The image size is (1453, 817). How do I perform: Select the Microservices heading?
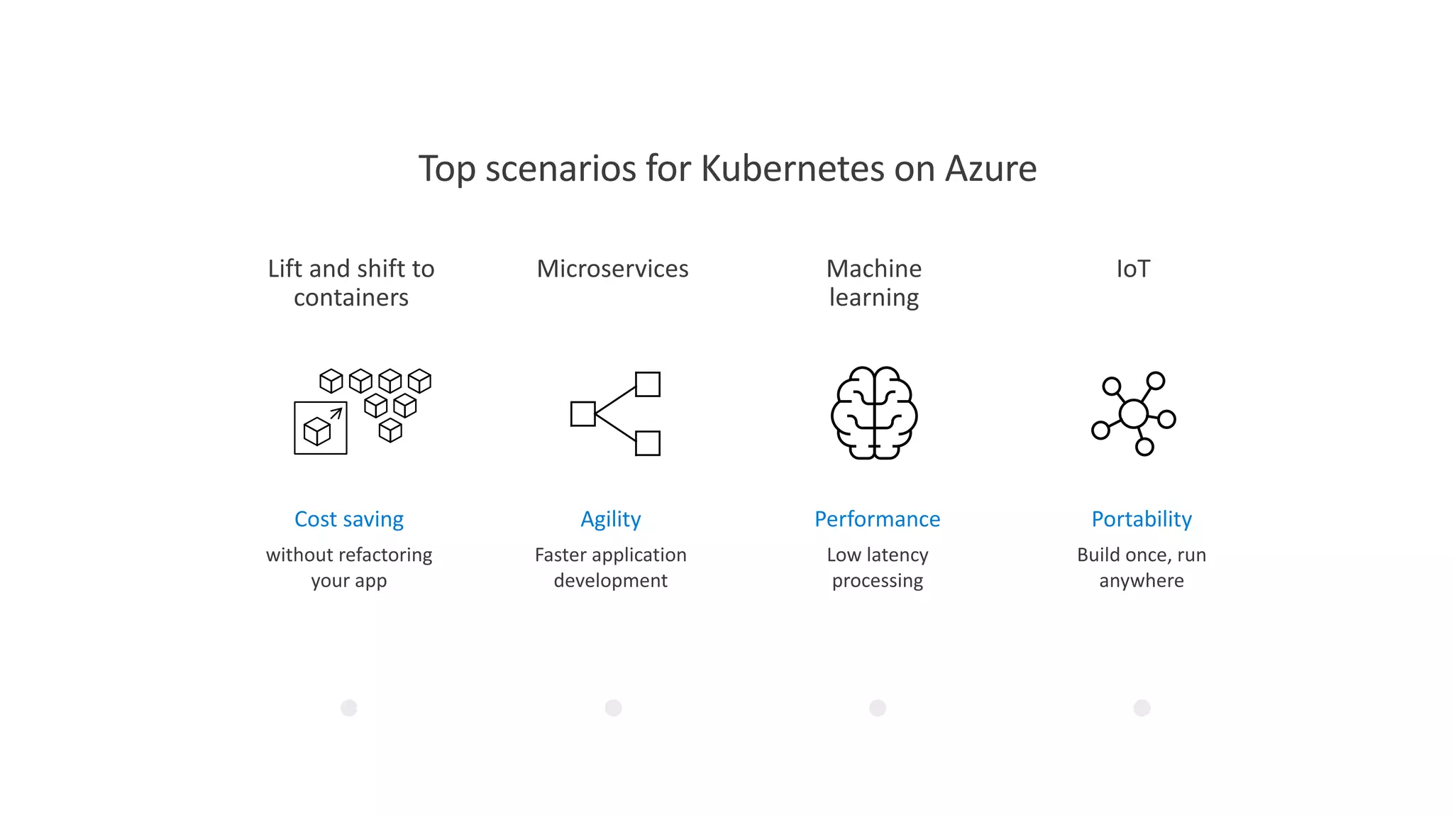pos(612,269)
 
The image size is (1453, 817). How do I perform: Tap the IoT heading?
pos(1133,269)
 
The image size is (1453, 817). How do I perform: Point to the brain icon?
pos(874,413)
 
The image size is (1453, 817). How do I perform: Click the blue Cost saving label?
pos(349,519)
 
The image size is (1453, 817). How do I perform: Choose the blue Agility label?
pos(611,519)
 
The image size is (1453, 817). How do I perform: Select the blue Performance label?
pos(877,519)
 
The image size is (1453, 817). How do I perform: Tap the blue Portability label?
pos(1142,519)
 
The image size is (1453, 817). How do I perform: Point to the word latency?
pos(897,555)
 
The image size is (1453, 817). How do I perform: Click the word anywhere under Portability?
pos(1142,581)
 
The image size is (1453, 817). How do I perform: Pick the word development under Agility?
pos(611,581)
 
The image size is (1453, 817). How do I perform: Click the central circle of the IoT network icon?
pos(1133,413)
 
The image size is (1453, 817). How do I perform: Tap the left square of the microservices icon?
pos(582,413)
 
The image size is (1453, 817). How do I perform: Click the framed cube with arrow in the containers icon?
pos(321,428)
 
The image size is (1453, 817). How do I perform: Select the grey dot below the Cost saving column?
pos(349,708)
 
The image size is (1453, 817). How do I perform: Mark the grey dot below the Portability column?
pos(1142,708)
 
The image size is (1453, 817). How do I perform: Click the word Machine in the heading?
pos(874,269)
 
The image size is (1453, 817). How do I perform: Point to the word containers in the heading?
pos(351,298)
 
